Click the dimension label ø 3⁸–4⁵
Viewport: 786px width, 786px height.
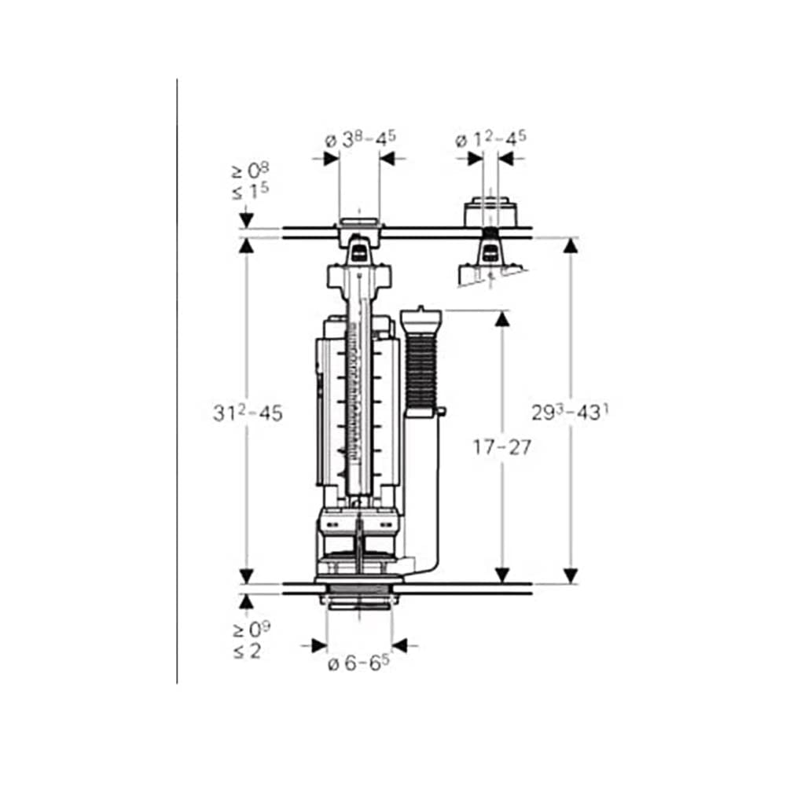pyautogui.click(x=360, y=140)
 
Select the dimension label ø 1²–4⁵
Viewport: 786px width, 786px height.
pyautogui.click(x=490, y=140)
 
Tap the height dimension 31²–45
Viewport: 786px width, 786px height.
pyautogui.click(x=247, y=413)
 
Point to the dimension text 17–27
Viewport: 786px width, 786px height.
pyautogui.click(x=502, y=447)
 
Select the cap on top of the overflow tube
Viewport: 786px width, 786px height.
pyautogui.click(x=422, y=319)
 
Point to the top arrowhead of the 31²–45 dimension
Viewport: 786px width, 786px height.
pyautogui.click(x=247, y=246)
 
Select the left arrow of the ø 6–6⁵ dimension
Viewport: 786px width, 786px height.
pyautogui.click(x=318, y=645)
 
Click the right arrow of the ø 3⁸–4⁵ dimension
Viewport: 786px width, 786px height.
pyautogui.click(x=390, y=158)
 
